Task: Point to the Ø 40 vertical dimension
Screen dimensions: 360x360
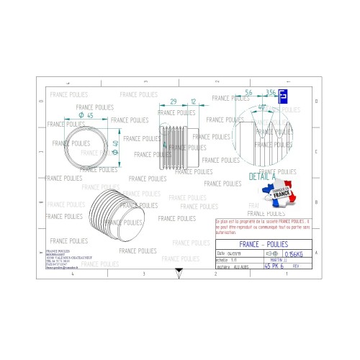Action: pos(115,149)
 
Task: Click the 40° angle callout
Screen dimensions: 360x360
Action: pos(262,107)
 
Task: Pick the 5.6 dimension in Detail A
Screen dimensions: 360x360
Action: pos(248,93)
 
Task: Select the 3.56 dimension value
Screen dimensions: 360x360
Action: pos(271,93)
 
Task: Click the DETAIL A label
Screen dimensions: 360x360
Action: pos(263,176)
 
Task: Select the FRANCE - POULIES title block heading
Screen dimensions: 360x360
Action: pos(263,244)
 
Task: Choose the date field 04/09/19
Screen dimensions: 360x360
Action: pos(235,254)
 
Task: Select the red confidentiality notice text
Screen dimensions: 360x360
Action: pos(263,227)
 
